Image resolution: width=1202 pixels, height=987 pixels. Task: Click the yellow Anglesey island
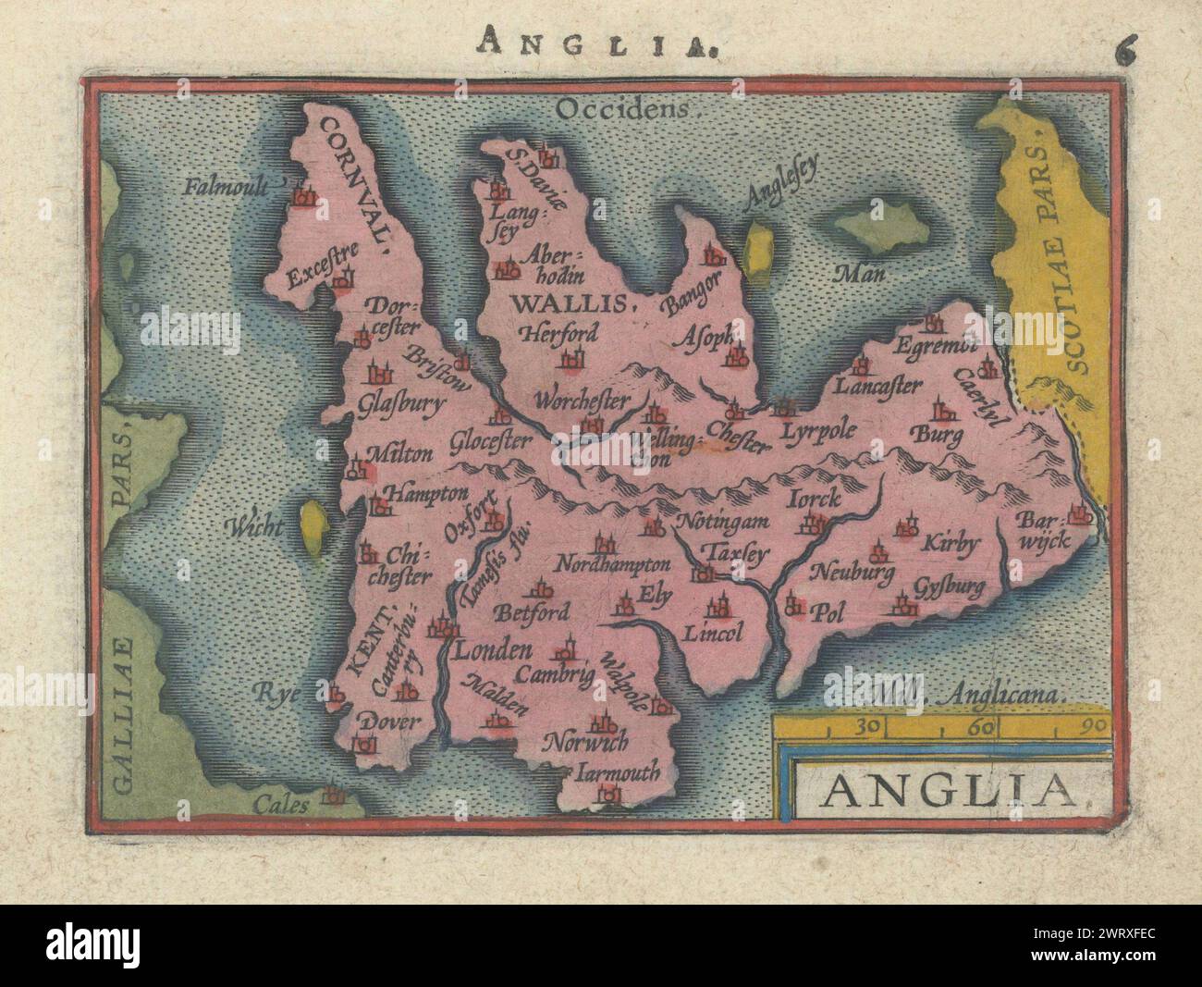760,250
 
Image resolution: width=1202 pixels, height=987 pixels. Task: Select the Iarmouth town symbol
608,792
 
